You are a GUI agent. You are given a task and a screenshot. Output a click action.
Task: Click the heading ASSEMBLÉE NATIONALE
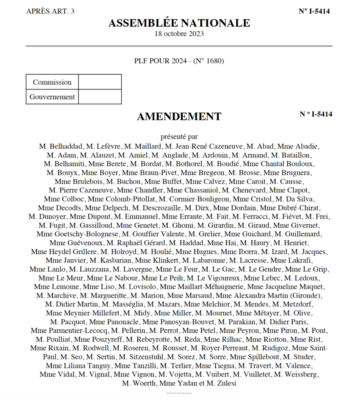coord(179,23)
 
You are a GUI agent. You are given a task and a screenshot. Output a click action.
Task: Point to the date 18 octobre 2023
coord(179,34)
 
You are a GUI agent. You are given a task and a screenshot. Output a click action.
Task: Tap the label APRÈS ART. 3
coord(50,11)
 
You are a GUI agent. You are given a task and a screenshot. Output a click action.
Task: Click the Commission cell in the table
coord(52,82)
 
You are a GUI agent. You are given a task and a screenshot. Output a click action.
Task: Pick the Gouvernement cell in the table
coord(52,97)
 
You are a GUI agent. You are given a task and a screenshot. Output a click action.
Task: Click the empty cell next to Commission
coord(100,82)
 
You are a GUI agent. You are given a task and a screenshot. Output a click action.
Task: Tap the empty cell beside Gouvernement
coord(100,97)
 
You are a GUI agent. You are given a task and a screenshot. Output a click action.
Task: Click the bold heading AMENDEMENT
coord(179,116)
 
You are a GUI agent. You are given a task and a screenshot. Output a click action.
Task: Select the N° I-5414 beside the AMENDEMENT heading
coord(316,114)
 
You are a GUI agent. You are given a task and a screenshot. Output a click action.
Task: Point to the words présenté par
coord(179,137)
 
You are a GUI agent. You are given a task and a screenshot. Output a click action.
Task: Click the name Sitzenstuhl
coord(145,357)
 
